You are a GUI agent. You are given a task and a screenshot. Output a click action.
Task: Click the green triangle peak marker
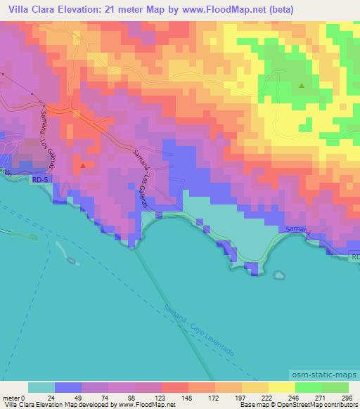(x=302, y=86)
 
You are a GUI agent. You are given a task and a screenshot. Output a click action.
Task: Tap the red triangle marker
(x=83, y=166)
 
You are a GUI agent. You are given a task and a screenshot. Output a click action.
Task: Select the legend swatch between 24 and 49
(x=68, y=387)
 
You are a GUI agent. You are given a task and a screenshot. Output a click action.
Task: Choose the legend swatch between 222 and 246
(x=281, y=387)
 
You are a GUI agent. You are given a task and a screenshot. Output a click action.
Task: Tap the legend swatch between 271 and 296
(x=335, y=387)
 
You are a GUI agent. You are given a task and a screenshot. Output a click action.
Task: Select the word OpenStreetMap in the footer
(x=288, y=405)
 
